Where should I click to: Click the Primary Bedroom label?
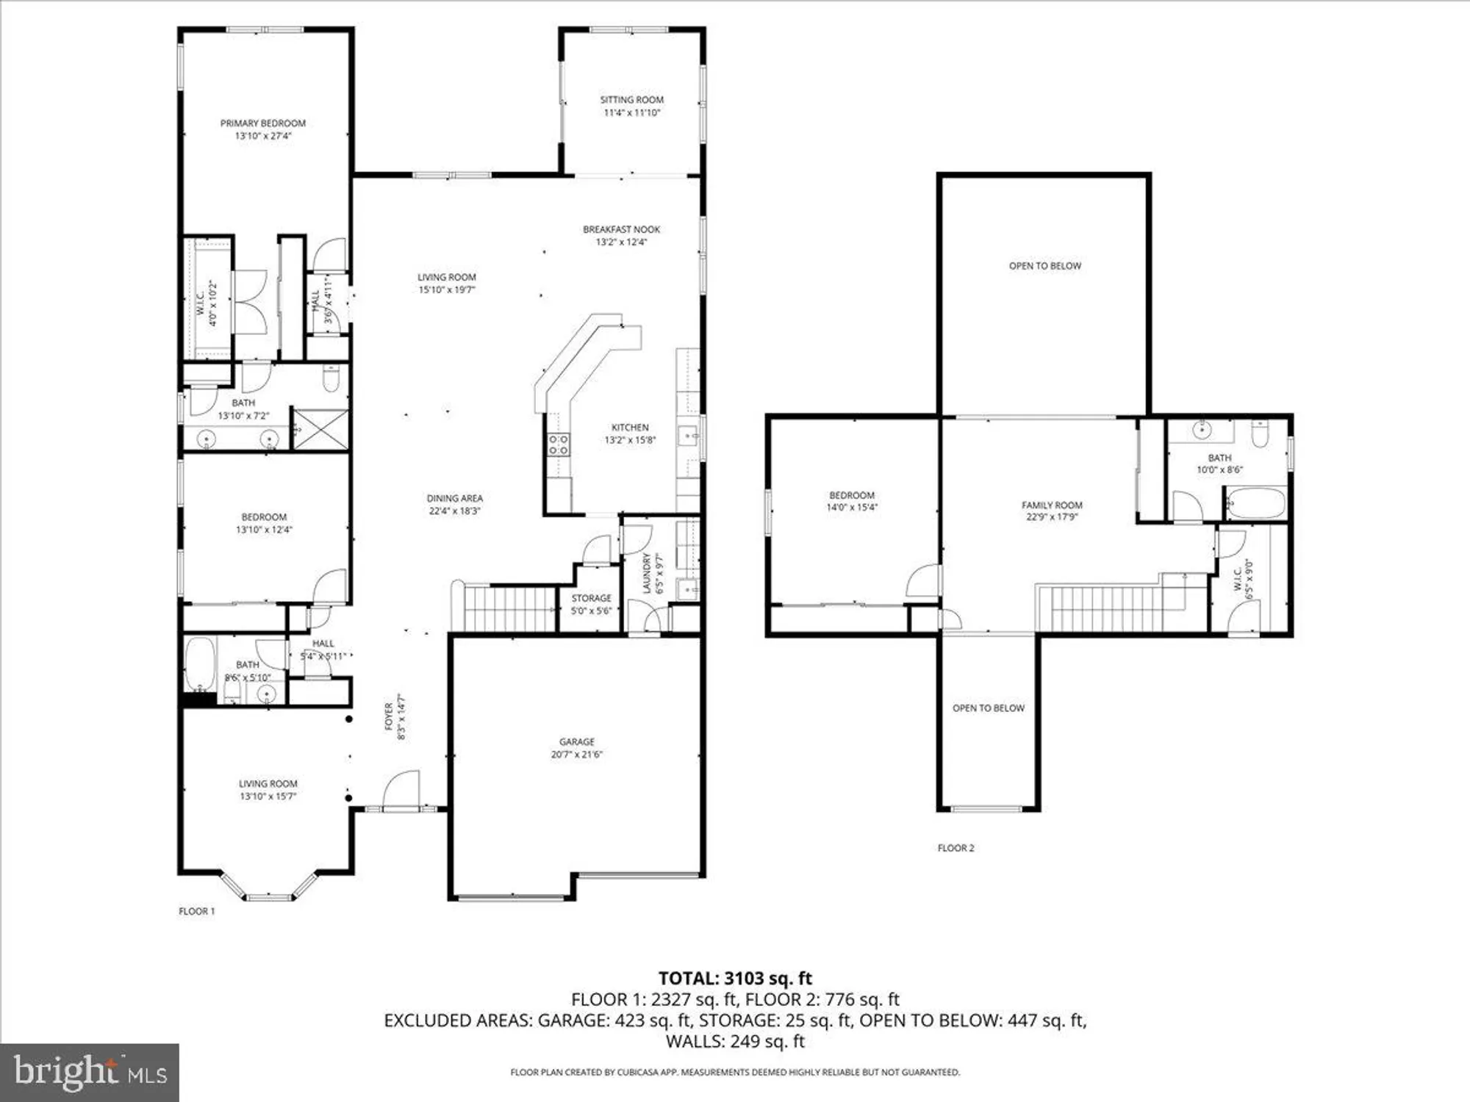coord(262,123)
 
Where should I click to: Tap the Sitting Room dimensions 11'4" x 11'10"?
coord(631,113)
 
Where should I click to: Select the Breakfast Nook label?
coord(621,229)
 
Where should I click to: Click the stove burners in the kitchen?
coord(558,444)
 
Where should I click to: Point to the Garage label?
coord(576,742)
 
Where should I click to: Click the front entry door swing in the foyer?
coord(401,790)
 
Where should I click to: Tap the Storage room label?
coord(591,599)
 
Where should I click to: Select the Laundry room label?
coord(647,573)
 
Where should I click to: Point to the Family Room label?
coord(1052,505)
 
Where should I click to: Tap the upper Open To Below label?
coord(1044,266)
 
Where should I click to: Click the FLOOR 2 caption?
coord(955,848)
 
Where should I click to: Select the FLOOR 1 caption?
coord(196,911)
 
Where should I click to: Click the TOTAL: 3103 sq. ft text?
coord(734,979)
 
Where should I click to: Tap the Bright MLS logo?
coord(89,1073)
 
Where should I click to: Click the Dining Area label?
coord(454,498)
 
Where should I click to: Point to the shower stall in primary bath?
coord(320,430)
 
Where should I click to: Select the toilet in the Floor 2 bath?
coord(1259,436)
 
